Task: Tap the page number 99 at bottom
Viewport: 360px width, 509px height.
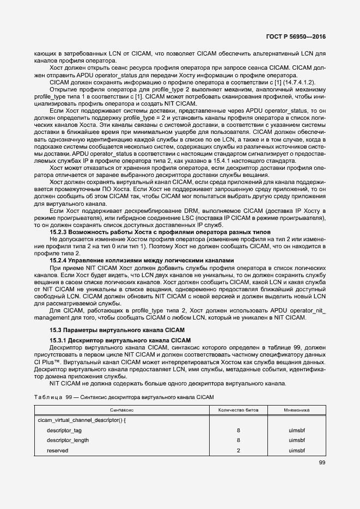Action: (322, 463)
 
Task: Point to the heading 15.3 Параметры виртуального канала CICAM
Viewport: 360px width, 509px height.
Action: (117, 330)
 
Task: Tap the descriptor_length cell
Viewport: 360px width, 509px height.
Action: (68, 440)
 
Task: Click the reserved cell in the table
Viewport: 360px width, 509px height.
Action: (58, 450)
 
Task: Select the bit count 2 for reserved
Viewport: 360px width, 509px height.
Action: (239, 450)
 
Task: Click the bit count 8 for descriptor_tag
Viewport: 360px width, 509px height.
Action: (239, 430)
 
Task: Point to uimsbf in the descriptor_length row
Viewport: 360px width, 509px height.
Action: (297, 440)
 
